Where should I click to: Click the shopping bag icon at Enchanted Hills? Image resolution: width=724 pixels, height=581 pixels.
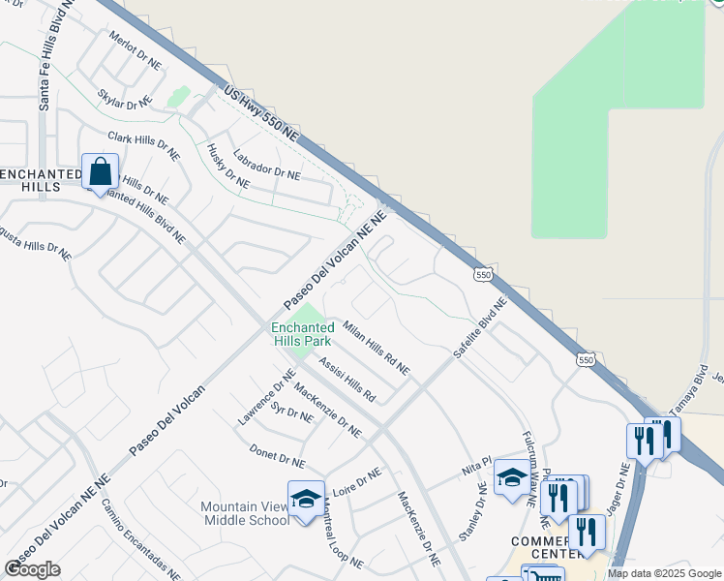101,172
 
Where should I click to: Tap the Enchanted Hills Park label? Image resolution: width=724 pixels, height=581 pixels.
301,334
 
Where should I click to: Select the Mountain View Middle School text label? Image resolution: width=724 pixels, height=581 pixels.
245,513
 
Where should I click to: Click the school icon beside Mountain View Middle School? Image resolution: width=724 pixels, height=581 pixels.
306,500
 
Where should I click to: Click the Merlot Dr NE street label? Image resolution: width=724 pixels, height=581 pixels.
135,50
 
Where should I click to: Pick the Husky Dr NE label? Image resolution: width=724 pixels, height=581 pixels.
228,166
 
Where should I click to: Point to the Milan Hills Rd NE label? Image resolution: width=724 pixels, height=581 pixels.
377,349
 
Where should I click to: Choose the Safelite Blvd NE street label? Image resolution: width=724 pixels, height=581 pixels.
480,328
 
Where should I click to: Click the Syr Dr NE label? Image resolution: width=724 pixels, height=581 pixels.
291,415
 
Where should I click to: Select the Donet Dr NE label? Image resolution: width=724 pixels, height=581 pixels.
277,457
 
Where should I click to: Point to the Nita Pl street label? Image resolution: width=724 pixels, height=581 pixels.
477,468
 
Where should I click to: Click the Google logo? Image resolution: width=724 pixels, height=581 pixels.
33,568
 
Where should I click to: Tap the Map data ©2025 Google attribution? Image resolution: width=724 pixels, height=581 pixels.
665,573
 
